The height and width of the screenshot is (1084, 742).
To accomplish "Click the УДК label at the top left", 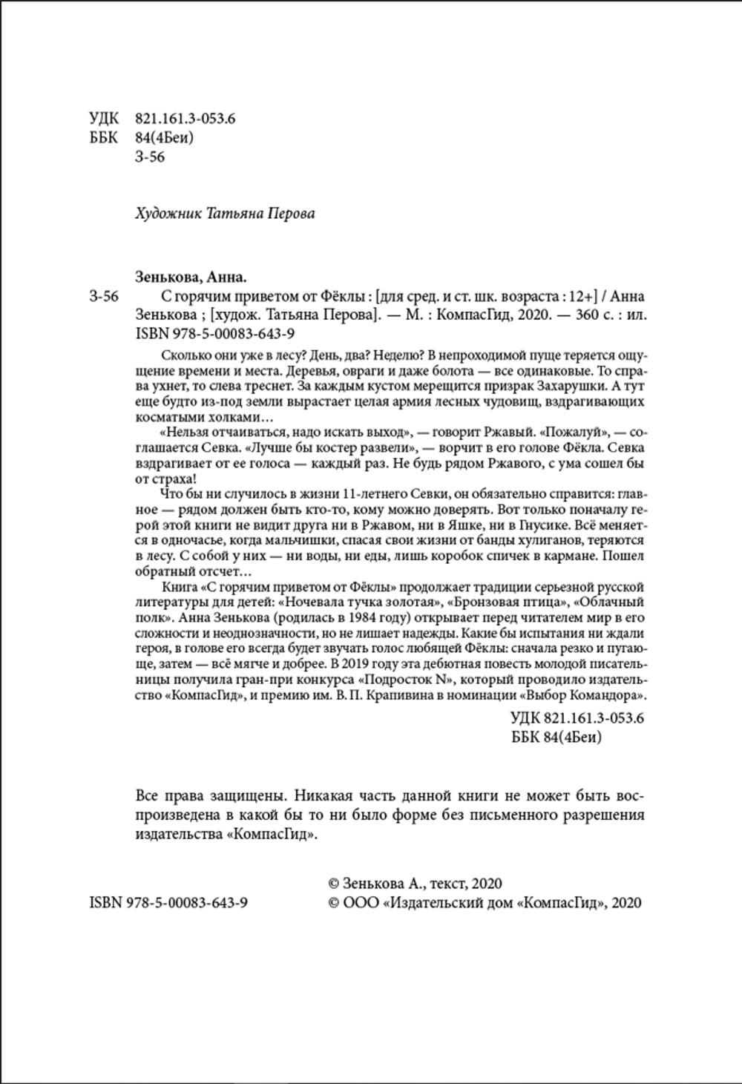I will pyautogui.click(x=102, y=119).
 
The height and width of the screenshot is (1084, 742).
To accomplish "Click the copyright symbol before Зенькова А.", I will pyautogui.click(x=334, y=884).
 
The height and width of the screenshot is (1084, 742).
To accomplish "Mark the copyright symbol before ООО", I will pyautogui.click(x=334, y=903).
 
